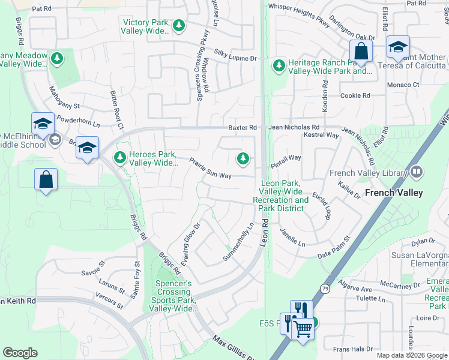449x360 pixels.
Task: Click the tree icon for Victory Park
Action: click(178, 26)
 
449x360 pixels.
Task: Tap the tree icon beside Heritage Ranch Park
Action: click(279, 65)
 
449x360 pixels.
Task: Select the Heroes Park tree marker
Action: click(120, 157)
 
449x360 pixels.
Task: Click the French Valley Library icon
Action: click(417, 173)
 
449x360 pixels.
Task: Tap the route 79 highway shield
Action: click(325, 289)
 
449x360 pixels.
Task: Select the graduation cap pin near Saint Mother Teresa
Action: click(398, 47)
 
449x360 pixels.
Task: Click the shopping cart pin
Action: click(303, 327)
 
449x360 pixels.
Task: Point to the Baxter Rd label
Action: click(242, 128)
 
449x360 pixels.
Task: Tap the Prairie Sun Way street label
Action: click(211, 168)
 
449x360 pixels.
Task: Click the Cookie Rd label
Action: click(355, 96)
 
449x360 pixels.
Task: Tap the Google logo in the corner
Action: click(20, 353)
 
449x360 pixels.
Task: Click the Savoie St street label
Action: click(93, 268)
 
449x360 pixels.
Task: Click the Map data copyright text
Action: click(412, 355)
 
